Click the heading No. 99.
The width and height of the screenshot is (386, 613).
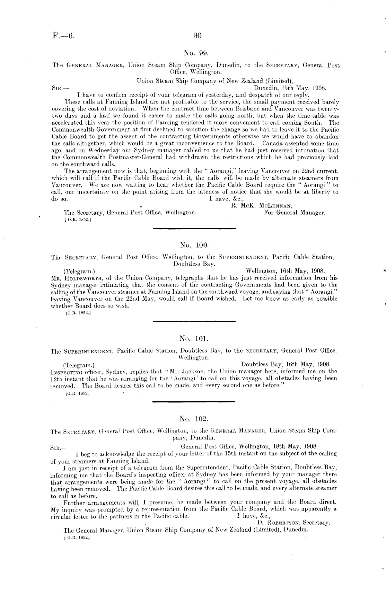(195, 53)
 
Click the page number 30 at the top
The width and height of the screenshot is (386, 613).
(198, 35)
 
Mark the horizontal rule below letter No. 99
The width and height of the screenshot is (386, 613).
(194, 228)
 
